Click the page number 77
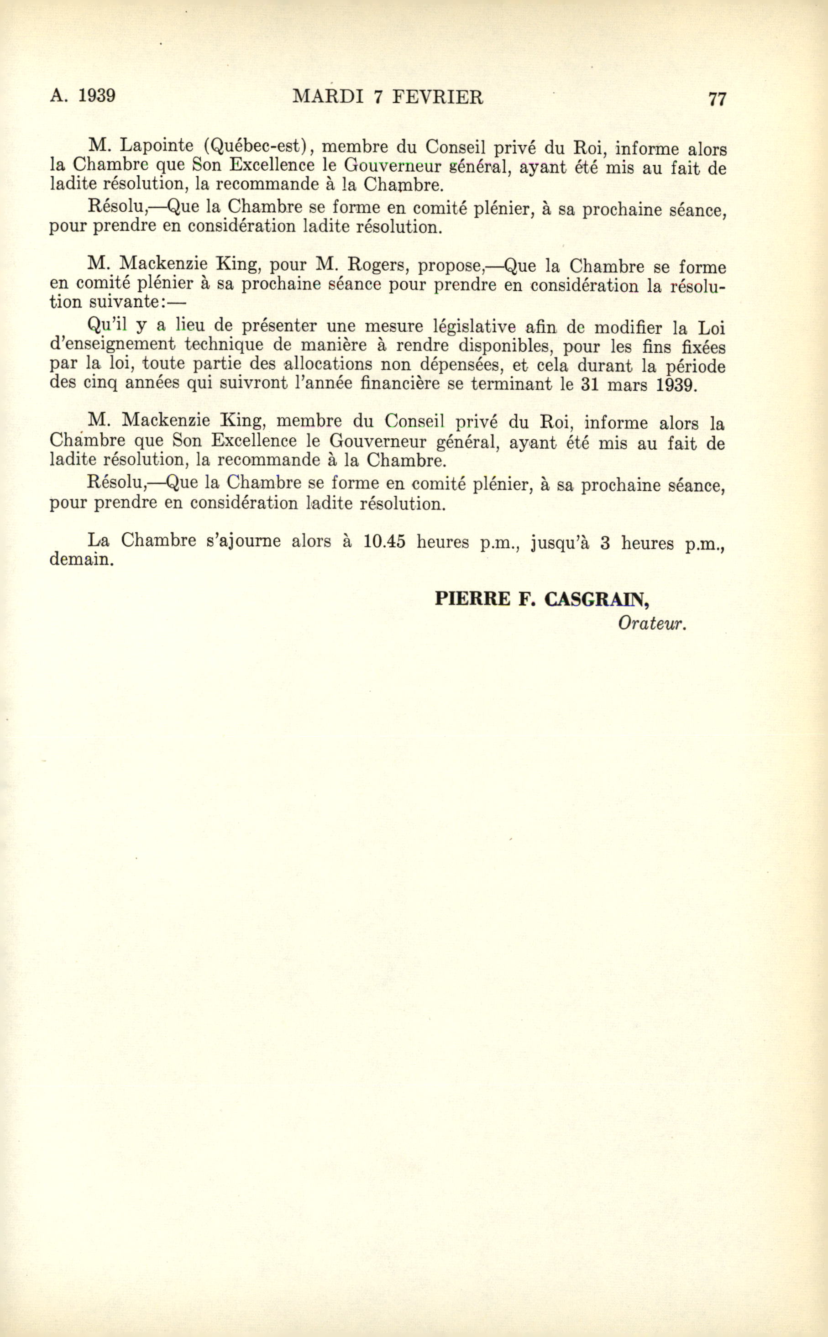717,99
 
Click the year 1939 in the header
96,96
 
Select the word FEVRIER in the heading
438,97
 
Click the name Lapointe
157,146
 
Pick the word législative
474,327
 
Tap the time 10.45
384,541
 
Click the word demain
82,560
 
